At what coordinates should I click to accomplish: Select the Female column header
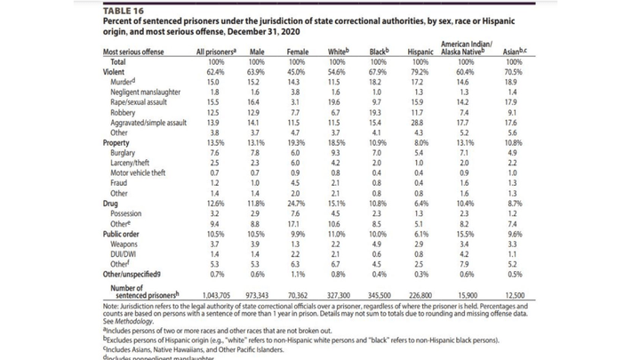tap(297, 52)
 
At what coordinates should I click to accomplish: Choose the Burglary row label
tap(124, 153)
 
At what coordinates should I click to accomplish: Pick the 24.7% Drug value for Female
tap(297, 204)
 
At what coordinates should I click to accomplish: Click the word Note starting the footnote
tap(112, 303)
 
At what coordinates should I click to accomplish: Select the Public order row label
tap(125, 233)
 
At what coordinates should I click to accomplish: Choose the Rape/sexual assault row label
tap(142, 102)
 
